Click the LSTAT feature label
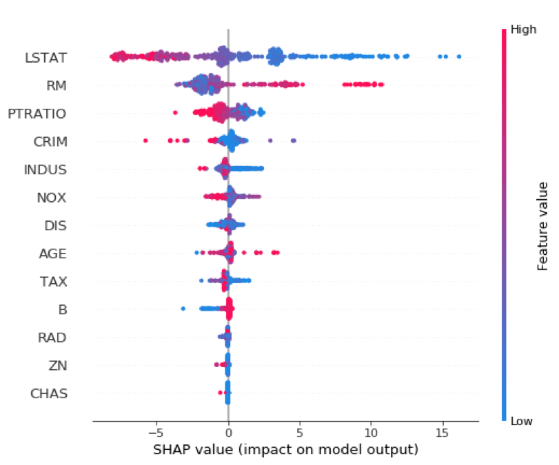coord(46,58)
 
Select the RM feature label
coord(57,86)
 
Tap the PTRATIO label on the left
coord(37,114)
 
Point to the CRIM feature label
coord(50,142)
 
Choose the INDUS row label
coord(45,169)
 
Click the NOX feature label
coord(52,198)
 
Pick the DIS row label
coord(55,226)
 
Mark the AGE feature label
coord(52,254)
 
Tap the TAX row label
coord(53,282)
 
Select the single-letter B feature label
coord(63,310)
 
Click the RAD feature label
coord(53,338)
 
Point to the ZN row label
coord(59,366)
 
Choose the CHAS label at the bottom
coord(49,394)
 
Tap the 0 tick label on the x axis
coord(228,433)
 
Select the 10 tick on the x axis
coord(371,433)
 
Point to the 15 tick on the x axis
coord(442,433)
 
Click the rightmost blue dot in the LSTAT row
coord(459,56)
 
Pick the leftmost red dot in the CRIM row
coord(145,140)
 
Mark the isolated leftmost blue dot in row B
coord(183,308)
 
